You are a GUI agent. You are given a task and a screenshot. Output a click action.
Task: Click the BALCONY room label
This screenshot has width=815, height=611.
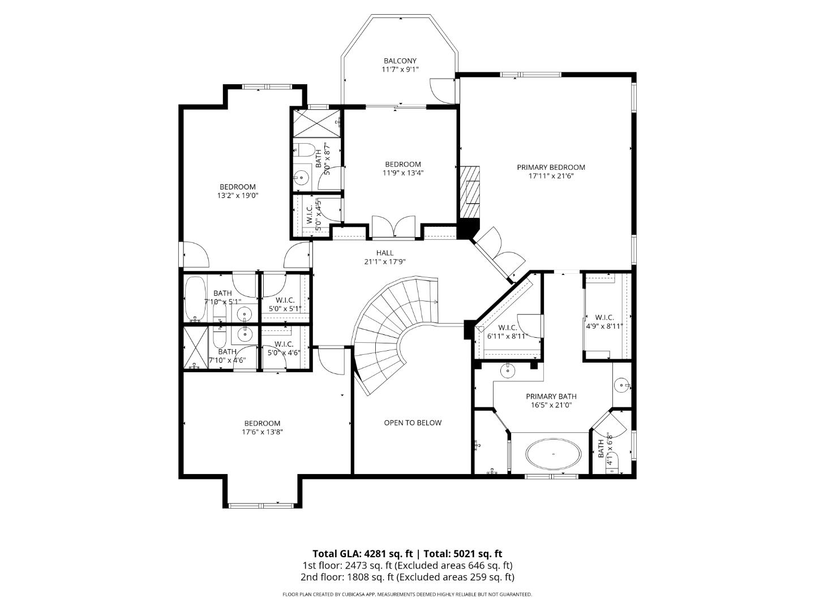click(400, 61)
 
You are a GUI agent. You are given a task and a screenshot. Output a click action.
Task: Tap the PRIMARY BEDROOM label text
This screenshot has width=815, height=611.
click(551, 167)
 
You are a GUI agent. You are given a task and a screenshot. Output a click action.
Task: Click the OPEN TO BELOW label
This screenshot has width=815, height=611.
click(413, 423)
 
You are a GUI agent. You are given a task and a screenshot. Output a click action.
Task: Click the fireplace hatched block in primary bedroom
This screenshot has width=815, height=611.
click(469, 192)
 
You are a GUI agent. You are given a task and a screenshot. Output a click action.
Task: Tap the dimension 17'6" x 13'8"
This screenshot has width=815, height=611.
click(262, 432)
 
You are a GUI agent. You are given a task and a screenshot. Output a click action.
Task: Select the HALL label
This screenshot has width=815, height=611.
click(385, 253)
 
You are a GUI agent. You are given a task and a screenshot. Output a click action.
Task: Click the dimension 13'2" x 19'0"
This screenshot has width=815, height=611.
click(238, 195)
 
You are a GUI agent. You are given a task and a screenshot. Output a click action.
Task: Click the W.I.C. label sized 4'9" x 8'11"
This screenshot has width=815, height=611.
click(604, 318)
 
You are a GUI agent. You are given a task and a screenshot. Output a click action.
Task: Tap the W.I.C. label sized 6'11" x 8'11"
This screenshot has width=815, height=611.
click(507, 328)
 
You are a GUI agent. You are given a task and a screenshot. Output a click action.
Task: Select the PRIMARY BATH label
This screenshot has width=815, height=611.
click(551, 396)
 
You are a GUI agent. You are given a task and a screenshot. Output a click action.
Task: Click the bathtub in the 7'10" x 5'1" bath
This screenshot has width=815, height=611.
click(195, 298)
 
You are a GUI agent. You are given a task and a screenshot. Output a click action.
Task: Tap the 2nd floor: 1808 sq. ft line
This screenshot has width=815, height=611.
click(407, 577)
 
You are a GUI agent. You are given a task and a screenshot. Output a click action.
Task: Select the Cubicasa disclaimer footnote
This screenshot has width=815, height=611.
click(407, 595)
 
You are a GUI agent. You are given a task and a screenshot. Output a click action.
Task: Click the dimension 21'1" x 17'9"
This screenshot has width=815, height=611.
click(385, 261)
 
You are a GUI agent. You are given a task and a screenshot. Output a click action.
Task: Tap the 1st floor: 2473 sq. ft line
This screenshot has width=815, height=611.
click(407, 565)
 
